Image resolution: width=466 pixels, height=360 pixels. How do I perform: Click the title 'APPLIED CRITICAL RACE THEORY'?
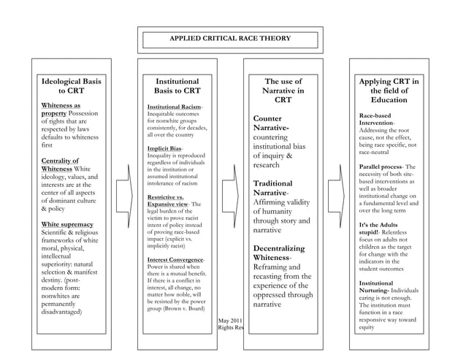point(230,37)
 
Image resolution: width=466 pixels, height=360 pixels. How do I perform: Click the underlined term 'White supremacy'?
point(67,224)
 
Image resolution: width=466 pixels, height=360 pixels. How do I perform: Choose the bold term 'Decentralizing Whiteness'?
point(278,253)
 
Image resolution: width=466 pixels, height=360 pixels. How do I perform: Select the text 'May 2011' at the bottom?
point(230,320)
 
